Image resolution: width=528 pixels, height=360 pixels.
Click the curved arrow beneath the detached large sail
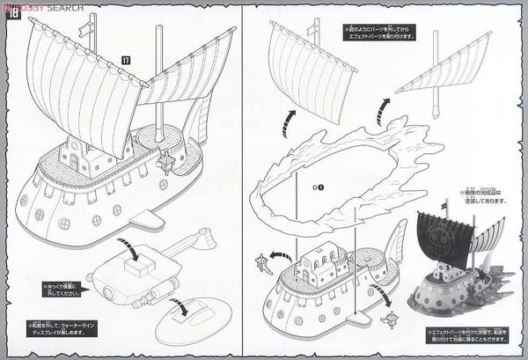point(288,123)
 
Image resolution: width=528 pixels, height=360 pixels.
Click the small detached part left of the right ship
point(260,261)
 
